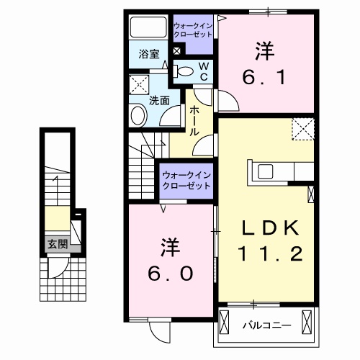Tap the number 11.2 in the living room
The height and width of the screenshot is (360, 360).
[268, 253]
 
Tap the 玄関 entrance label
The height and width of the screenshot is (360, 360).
[58, 245]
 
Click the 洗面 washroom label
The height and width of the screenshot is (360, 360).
[159, 101]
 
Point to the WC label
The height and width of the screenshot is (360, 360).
[203, 71]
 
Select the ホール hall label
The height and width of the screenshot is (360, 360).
[194, 121]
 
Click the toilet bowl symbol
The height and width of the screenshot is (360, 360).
[184, 71]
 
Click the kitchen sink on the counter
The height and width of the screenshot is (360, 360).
[264, 172]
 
